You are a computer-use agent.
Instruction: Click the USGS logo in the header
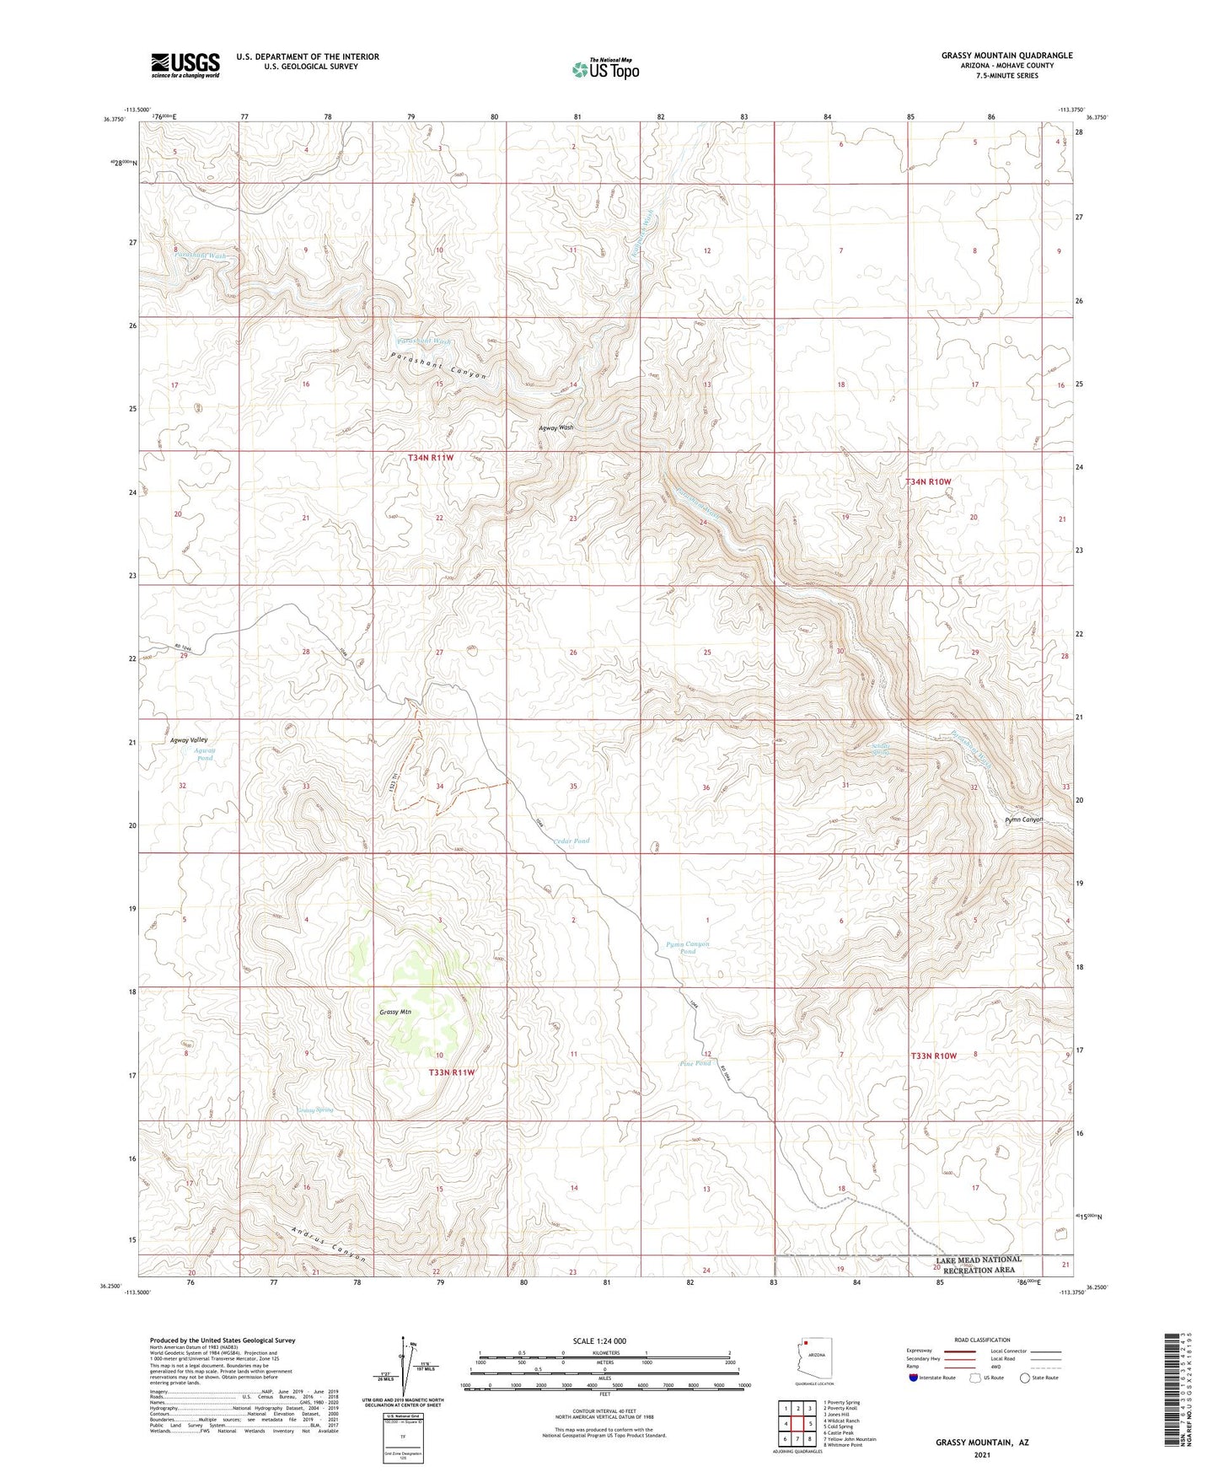point(185,64)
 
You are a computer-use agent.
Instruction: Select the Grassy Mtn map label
point(394,1012)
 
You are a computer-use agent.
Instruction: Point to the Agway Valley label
point(189,739)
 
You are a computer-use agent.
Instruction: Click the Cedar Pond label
point(571,841)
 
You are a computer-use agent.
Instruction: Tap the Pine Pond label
point(695,1063)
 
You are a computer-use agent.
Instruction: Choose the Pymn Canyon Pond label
point(688,948)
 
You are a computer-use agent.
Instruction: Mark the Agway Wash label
point(556,427)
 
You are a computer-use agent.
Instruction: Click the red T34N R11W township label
point(431,458)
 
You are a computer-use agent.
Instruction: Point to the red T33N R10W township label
point(933,1056)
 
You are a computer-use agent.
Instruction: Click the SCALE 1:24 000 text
point(599,1340)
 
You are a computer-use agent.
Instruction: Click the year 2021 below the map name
point(981,1454)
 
